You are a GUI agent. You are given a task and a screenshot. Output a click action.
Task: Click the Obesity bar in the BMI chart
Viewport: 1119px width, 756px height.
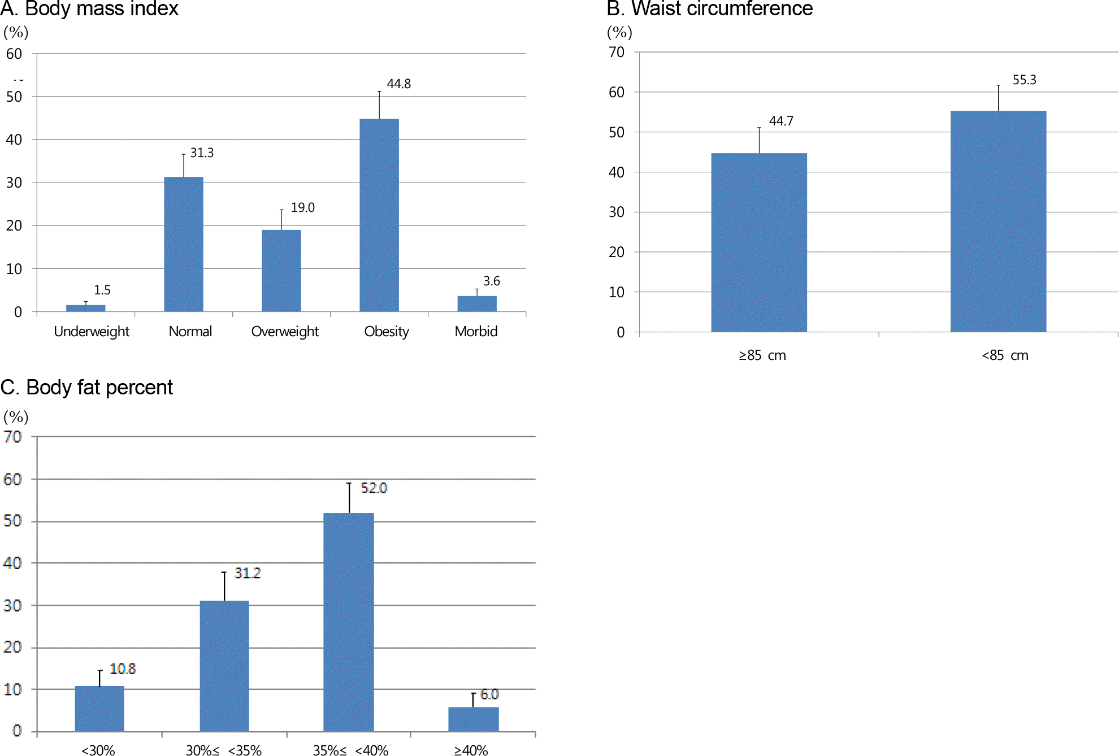click(x=379, y=215)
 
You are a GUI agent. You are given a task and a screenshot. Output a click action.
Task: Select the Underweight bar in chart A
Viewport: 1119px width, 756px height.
click(x=86, y=308)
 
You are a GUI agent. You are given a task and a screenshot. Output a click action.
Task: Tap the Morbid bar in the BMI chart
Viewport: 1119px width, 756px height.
click(x=477, y=303)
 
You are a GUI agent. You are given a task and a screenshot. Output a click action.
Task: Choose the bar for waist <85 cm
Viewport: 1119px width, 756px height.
click(x=998, y=221)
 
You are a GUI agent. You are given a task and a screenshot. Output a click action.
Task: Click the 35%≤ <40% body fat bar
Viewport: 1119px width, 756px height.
click(x=349, y=622)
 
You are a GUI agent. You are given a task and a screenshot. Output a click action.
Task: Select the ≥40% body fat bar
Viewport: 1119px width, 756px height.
click(x=474, y=719)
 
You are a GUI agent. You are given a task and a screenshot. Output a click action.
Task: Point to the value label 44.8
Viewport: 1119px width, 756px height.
click(x=399, y=84)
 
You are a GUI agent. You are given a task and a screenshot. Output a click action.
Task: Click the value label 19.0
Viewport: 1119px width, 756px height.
click(x=303, y=208)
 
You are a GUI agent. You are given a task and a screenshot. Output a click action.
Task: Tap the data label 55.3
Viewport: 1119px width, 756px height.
click(x=1024, y=80)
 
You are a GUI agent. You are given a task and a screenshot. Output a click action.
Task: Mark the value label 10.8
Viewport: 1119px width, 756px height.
click(x=123, y=669)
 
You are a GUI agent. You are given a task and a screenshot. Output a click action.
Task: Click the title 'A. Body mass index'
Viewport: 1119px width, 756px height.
click(x=89, y=8)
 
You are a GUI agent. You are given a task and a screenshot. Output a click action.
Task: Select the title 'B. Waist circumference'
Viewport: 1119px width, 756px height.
click(x=709, y=8)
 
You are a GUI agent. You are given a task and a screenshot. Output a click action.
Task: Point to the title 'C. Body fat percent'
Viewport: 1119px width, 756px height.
click(x=86, y=388)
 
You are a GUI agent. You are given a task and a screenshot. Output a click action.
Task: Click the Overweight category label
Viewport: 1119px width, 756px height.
click(x=285, y=332)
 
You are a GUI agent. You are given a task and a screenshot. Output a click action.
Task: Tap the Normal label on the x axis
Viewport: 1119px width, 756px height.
click(x=190, y=332)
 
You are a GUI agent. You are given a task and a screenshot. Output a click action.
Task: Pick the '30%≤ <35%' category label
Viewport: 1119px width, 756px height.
click(x=224, y=750)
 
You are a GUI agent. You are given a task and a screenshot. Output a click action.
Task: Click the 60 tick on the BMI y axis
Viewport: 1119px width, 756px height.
click(x=14, y=54)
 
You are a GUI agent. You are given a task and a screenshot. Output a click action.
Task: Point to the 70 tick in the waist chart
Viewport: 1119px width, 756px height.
click(x=617, y=53)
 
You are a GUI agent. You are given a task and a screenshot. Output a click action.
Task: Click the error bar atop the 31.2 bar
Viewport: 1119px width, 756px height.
click(x=224, y=586)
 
